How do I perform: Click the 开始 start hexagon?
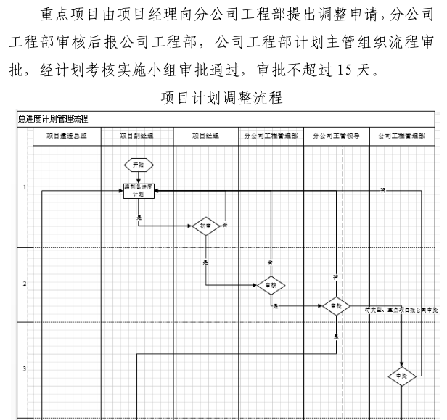138,165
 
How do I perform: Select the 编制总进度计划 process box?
139,190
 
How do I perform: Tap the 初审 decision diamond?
205,226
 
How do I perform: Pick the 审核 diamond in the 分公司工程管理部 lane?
270,285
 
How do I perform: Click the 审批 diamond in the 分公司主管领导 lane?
335,306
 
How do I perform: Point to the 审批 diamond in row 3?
402,376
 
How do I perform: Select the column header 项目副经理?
138,135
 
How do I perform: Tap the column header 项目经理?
205,135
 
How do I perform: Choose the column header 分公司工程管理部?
271,135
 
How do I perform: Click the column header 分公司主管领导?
335,135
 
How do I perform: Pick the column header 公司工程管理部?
401,135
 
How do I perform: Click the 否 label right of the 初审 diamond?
226,225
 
